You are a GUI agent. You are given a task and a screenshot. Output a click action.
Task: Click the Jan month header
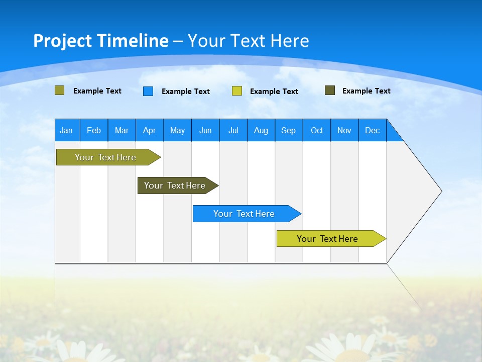pyautogui.click(x=67, y=130)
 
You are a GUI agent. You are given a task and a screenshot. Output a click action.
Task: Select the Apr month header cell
pyautogui.click(x=149, y=130)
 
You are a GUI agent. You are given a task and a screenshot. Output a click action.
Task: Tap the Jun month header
pyautogui.click(x=205, y=130)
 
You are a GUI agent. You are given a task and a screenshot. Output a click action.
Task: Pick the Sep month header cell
pyautogui.click(x=288, y=130)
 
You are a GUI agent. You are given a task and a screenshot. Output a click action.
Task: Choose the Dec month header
pyautogui.click(x=372, y=130)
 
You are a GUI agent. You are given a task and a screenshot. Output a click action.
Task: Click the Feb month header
pyautogui.click(x=94, y=130)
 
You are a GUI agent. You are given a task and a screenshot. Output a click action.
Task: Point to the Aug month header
pyautogui.click(x=261, y=130)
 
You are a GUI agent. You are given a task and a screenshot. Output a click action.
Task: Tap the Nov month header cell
pyautogui.click(x=344, y=130)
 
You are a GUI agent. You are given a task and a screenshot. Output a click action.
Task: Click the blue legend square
pyautogui.click(x=148, y=91)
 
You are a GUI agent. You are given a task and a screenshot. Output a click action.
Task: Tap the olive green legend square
pyautogui.click(x=59, y=90)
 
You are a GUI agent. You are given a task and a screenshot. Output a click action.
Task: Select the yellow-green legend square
pyautogui.click(x=237, y=91)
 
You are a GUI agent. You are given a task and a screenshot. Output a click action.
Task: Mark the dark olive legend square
pyautogui.click(x=330, y=90)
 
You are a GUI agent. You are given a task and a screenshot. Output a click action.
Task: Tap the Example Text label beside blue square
pyautogui.click(x=186, y=92)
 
